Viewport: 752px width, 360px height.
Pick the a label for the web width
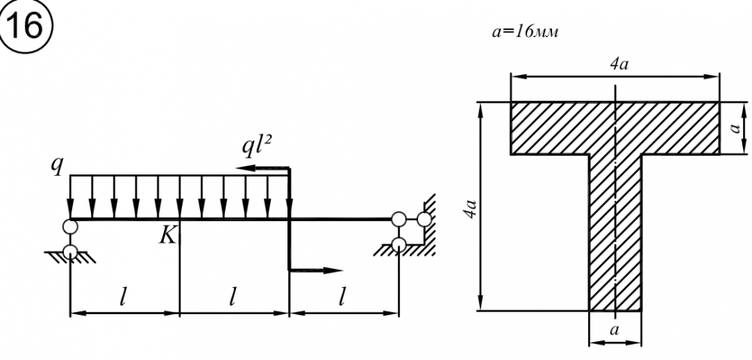tap(614, 330)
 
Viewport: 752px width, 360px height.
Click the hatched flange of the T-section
tap(556, 129)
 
